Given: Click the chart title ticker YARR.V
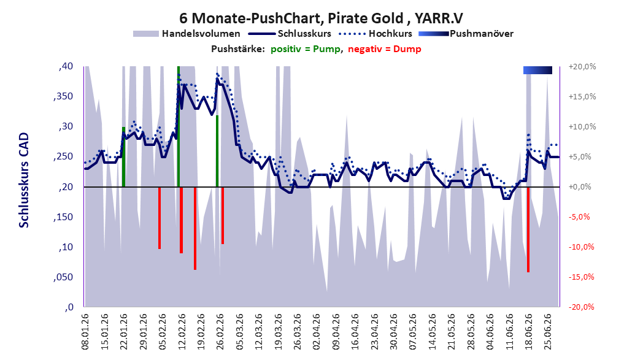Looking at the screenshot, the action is coord(438,18).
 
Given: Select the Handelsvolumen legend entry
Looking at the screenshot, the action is coord(187,34).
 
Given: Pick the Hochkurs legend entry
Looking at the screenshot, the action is coord(375,34).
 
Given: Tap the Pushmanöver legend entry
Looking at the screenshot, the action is coord(466,34).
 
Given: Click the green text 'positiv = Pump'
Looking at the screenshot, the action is coord(306,49).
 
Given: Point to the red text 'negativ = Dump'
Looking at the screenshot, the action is coord(384,49).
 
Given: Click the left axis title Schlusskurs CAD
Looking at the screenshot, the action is coord(24,180).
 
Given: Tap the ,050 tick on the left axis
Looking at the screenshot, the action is coord(63,277).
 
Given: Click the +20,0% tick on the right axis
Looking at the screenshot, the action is coord(582,66).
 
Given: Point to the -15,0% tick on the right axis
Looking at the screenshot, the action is coord(582,277).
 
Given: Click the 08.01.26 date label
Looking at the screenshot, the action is coord(85,332).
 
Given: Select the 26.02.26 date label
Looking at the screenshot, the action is coord(220,332).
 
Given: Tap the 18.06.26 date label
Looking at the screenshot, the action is coord(528,332).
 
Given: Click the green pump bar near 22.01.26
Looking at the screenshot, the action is coord(123,157).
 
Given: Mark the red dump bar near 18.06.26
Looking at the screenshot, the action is coord(528,229).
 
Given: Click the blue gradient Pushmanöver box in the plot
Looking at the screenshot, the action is coord(537,70).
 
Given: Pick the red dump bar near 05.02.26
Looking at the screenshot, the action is coord(160,218).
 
